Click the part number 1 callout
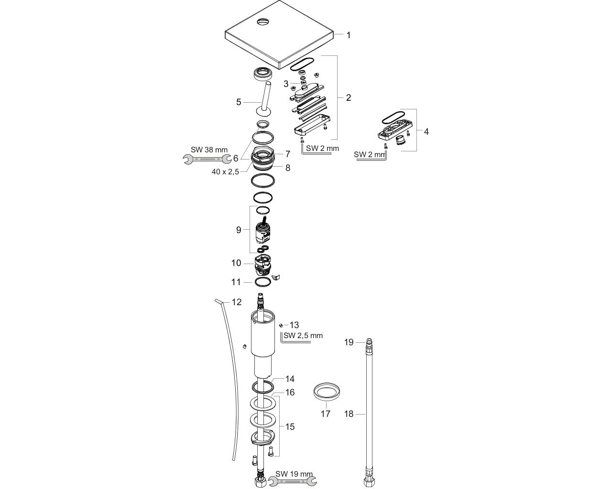[x=349, y=35]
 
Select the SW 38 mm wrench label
[x=209, y=150]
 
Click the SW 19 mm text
[x=294, y=474]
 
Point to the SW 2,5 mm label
[x=303, y=336]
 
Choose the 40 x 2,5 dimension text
[x=225, y=171]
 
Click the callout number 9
[x=239, y=230]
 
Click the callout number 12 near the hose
[x=237, y=302]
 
